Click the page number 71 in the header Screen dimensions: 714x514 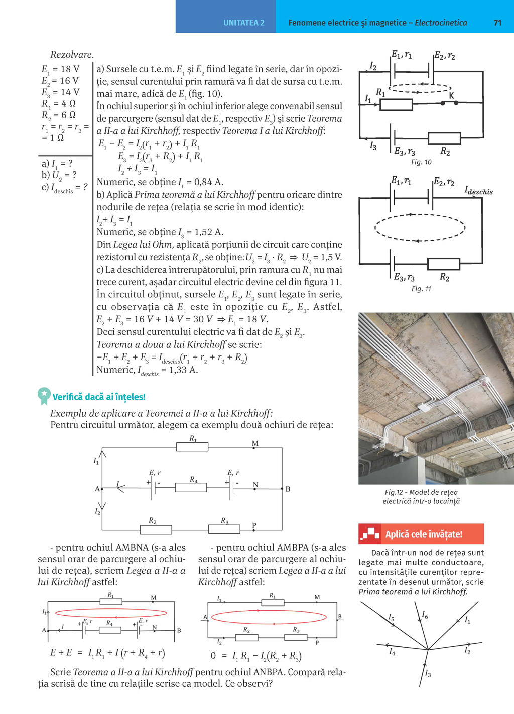tap(497, 23)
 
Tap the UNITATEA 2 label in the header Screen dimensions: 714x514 tap(243, 23)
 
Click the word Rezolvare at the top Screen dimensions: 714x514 tap(72, 55)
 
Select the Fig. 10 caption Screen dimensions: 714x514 tap(421, 162)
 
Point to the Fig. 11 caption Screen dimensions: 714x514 tap(421, 289)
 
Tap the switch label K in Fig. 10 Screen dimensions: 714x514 tap(451, 95)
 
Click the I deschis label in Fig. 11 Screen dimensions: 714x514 tap(478, 191)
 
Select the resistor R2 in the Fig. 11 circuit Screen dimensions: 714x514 tap(443, 264)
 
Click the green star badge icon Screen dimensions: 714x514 tap(44, 395)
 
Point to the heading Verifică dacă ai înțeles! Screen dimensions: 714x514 tap(99, 397)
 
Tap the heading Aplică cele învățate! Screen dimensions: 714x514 tap(424, 534)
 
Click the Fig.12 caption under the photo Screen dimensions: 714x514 tap(421, 497)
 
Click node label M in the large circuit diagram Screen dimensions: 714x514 tap(255, 443)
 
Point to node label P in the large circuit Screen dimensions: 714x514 tap(254, 525)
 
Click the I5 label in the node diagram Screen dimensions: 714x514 tap(392, 618)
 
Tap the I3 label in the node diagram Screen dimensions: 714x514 tap(428, 673)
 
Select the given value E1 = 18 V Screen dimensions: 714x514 tap(60, 69)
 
